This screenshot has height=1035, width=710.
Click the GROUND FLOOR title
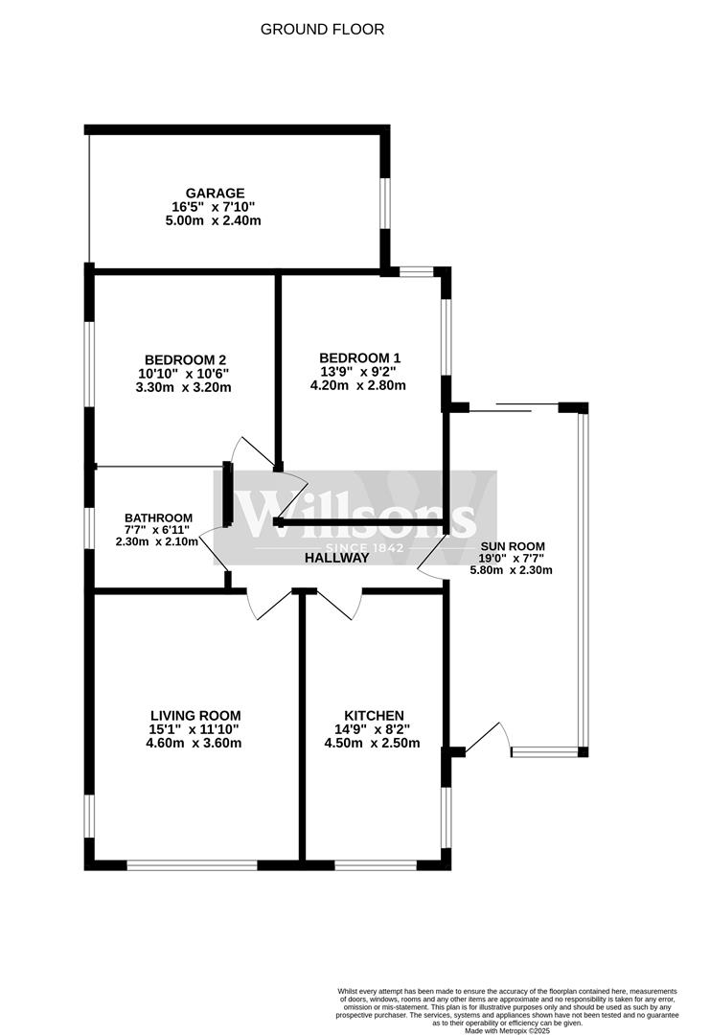click(322, 29)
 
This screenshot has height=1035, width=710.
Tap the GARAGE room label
click(216, 193)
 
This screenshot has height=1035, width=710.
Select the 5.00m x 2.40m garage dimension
click(213, 220)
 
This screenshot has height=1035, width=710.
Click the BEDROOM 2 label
click(186, 359)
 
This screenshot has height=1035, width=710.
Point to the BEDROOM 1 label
click(359, 357)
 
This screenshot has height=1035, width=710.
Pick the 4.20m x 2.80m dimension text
click(357, 385)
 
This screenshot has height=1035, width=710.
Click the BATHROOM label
click(158, 518)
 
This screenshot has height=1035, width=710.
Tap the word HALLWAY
click(336, 558)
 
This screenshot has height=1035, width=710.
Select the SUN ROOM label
click(513, 546)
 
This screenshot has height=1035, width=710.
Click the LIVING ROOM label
click(195, 716)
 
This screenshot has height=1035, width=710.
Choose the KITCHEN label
click(374, 716)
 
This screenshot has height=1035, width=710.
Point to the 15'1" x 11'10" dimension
click(194, 729)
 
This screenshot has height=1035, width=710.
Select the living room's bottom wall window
click(192, 864)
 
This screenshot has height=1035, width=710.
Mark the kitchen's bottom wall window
click(376, 864)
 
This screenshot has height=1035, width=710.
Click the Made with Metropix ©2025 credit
click(507, 1030)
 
